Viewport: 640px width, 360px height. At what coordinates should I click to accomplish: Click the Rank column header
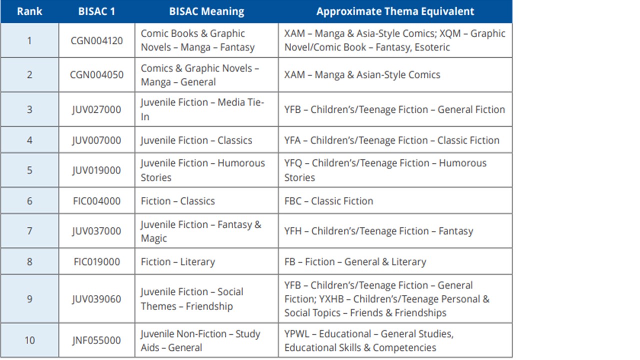coord(29,11)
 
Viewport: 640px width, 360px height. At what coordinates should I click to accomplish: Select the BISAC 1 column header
coord(96,11)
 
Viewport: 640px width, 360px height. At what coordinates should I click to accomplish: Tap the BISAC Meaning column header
coord(206,11)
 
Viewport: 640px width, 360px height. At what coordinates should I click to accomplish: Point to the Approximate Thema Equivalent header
coord(395,11)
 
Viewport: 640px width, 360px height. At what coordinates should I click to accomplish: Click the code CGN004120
coord(96,40)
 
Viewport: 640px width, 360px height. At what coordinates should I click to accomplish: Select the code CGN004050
coord(96,75)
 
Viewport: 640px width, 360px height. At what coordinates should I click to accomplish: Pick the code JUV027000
coord(96,109)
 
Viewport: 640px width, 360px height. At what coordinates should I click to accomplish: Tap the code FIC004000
coord(96,201)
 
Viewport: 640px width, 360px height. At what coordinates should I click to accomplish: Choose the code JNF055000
coord(96,340)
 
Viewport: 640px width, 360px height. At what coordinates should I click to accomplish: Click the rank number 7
coord(29,231)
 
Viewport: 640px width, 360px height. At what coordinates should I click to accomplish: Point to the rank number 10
coord(29,340)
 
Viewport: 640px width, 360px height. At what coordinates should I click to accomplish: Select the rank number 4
coord(29,140)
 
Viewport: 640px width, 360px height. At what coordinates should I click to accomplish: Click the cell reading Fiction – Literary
coord(177,262)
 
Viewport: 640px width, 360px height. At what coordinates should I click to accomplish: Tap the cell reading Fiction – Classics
coord(177,201)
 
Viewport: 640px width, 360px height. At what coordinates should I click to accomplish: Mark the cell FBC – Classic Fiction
coord(328,201)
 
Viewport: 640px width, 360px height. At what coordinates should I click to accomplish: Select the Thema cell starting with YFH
coord(378,231)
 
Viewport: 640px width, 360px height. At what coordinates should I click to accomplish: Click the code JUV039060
coord(96,299)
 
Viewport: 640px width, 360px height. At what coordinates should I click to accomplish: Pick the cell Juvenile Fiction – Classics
coord(196,140)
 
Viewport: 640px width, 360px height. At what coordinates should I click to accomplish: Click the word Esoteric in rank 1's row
coord(432,47)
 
